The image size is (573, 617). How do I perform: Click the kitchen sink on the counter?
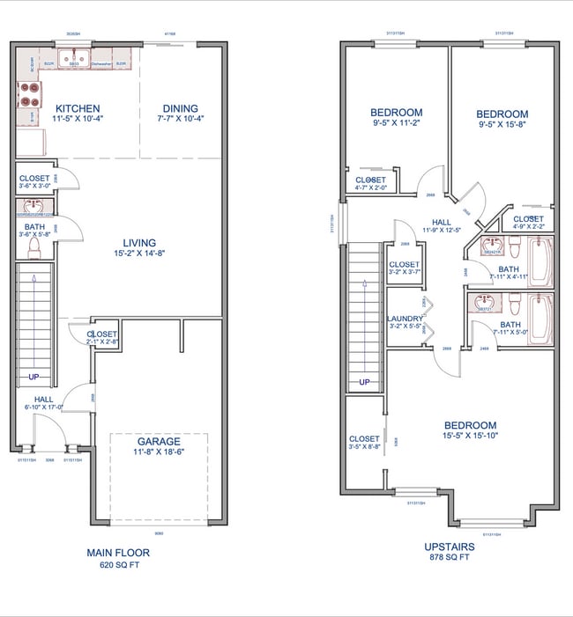[76, 64]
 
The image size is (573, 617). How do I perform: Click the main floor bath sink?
[34, 209]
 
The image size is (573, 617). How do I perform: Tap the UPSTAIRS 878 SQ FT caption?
[450, 551]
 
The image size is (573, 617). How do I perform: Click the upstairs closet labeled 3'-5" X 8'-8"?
[364, 443]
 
